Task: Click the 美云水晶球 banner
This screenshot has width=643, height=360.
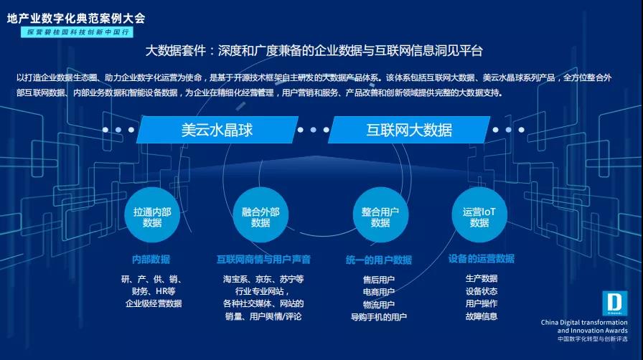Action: tap(217, 130)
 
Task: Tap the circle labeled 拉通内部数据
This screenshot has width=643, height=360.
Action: tap(152, 217)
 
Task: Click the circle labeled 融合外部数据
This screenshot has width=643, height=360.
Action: tap(261, 217)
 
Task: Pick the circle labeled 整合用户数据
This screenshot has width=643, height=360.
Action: tap(380, 217)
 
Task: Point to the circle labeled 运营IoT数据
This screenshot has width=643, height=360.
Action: tap(479, 217)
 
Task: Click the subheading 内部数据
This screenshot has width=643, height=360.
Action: tap(151, 259)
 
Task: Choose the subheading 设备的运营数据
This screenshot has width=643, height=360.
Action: tap(481, 259)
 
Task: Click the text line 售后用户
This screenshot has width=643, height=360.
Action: tap(379, 279)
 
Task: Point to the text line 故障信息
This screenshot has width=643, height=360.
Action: tap(481, 316)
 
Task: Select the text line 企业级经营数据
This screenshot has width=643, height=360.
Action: tap(154, 303)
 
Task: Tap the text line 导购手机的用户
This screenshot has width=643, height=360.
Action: tap(379, 316)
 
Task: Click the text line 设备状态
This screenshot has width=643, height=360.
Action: tap(481, 291)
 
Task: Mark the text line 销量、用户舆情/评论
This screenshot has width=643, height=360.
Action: tap(263, 316)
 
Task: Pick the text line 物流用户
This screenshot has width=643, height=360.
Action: tap(379, 304)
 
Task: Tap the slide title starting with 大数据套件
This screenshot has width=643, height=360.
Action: tap(314, 51)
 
